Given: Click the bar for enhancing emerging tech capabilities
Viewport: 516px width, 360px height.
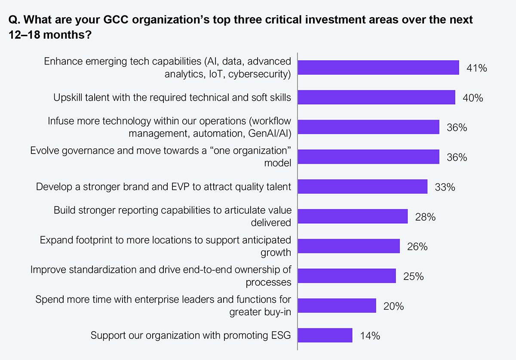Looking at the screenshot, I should pos(378,68).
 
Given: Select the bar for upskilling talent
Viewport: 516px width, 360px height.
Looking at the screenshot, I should pos(376,98).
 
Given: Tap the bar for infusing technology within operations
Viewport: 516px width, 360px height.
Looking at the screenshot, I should pos(369,127).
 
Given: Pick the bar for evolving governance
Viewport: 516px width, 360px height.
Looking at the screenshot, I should pos(369,157).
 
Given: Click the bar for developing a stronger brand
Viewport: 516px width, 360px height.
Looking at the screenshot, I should pos(362,187).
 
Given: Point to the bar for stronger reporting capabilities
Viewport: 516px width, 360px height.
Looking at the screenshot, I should pos(353,216).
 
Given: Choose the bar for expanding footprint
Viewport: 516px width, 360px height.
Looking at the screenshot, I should pos(349,246).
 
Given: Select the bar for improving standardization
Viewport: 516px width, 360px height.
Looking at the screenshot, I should pos(347,276).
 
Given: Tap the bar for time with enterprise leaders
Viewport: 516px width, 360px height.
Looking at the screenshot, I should pos(337,306).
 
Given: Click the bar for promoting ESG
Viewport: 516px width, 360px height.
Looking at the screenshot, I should pos(325,335).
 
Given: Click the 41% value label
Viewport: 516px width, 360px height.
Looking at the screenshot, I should pos(476,68).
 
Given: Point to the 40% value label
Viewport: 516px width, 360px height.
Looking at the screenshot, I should pos(473,98).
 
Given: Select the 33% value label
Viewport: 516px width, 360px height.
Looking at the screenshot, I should pos(445,187).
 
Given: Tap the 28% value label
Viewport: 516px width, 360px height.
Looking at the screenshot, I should pos(425,217).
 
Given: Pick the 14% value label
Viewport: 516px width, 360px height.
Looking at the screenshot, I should pos(370,336).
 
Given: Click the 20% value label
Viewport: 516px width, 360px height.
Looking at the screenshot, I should pos(393,306).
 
